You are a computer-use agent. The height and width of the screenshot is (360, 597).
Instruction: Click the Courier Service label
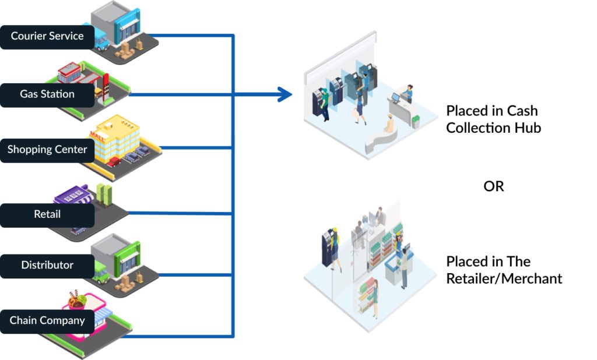click(47, 36)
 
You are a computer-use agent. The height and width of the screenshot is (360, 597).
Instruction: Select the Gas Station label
click(47, 94)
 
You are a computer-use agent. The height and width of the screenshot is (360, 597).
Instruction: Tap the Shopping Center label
click(47, 150)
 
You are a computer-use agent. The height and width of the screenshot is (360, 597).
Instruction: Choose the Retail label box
click(47, 214)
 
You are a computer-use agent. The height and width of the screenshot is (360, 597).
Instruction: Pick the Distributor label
click(47, 265)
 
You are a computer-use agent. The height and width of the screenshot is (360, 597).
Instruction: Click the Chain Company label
click(47, 320)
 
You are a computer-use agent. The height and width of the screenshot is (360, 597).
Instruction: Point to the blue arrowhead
click(285, 94)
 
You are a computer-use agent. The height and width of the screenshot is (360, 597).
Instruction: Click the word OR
click(493, 187)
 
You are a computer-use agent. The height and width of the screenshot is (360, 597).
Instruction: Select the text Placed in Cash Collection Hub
click(493, 119)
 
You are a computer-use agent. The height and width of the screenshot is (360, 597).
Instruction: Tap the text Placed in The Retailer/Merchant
click(504, 270)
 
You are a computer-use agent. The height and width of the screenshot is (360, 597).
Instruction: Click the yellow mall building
click(119, 137)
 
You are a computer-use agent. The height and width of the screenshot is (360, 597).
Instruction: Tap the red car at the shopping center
click(113, 161)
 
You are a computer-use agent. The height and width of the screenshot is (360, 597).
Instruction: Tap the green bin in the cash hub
click(415, 121)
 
